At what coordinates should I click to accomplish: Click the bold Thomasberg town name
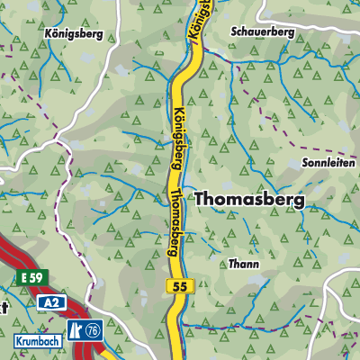(x=249, y=200)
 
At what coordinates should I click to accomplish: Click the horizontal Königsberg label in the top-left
(x=74, y=34)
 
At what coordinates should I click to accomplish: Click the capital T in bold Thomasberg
(x=201, y=199)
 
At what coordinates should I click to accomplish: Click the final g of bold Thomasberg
(x=299, y=202)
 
